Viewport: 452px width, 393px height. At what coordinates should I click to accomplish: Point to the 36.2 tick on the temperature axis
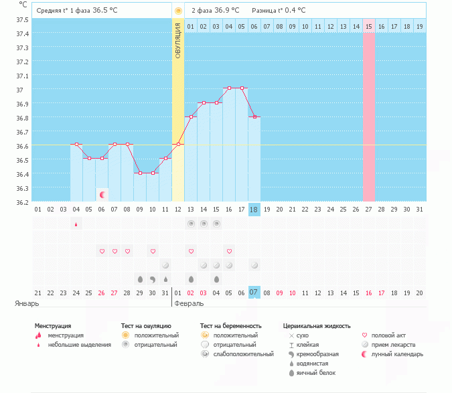21,202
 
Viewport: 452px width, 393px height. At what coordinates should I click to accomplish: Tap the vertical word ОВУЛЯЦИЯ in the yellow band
178,41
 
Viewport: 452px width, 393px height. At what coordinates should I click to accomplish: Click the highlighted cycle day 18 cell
254,210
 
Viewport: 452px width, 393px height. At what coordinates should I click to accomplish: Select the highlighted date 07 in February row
254,293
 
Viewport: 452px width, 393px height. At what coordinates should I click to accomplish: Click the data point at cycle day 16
229,88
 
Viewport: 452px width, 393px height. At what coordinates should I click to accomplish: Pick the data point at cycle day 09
140,173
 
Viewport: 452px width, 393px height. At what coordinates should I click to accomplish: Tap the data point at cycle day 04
76,145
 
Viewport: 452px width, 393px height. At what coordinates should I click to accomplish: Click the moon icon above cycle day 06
102,195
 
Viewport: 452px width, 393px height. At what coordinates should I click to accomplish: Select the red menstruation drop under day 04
76,224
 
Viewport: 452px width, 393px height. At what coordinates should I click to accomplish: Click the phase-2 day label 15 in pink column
369,27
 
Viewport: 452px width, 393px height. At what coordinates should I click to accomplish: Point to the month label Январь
27,303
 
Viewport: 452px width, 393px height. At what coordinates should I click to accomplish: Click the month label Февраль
189,303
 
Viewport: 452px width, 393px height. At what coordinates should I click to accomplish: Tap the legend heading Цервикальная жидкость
316,326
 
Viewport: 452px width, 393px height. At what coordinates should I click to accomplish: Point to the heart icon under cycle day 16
229,251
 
